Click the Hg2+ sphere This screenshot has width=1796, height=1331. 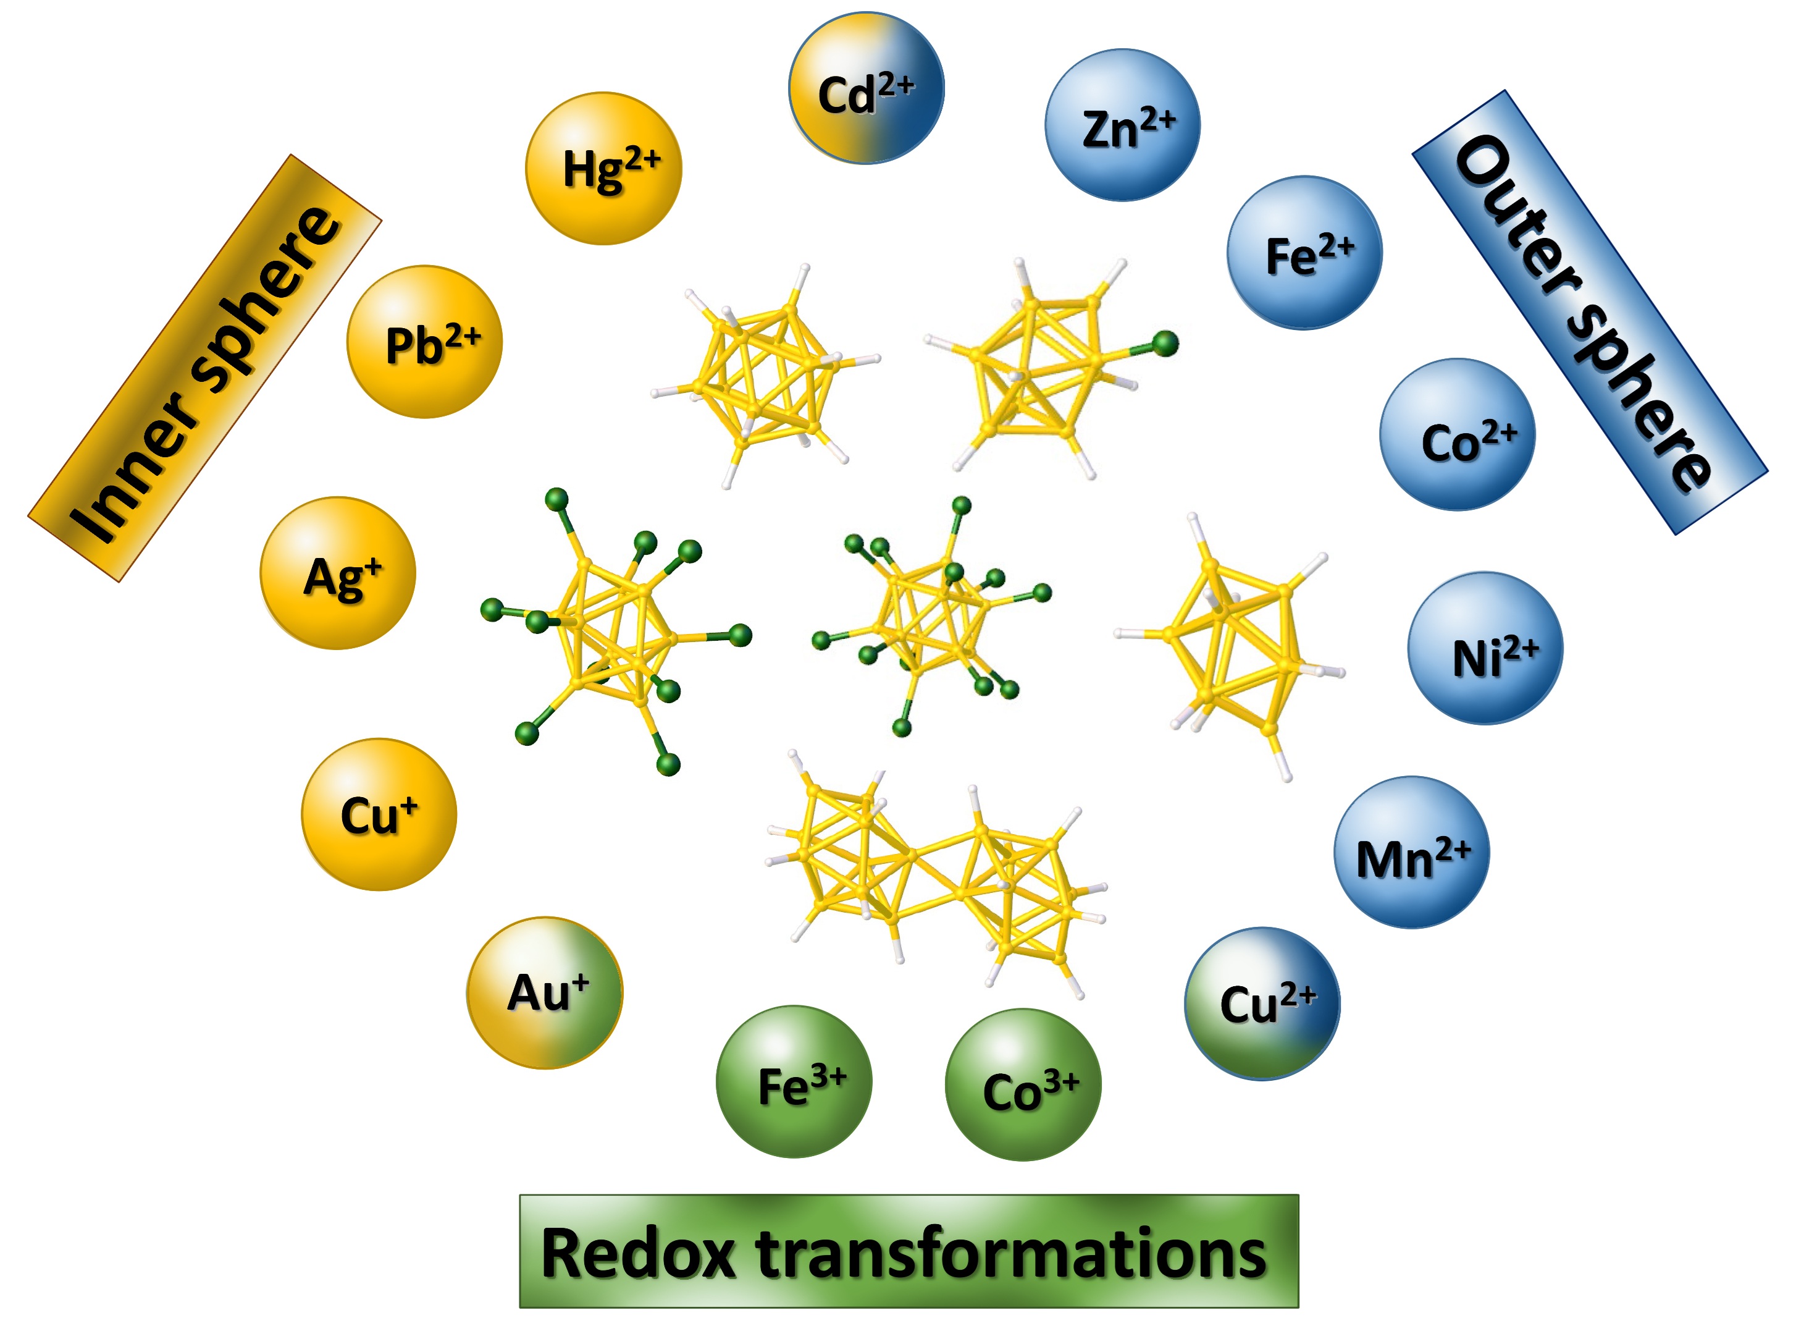(x=603, y=169)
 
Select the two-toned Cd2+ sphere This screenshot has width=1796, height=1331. (x=866, y=88)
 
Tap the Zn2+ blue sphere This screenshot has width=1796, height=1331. (x=1122, y=125)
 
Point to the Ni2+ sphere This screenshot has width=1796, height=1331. (x=1485, y=649)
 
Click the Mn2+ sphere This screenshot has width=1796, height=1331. (x=1411, y=852)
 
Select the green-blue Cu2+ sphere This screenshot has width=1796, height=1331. (x=1262, y=1004)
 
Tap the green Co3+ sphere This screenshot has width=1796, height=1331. (x=1023, y=1085)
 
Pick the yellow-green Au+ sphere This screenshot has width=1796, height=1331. (x=545, y=992)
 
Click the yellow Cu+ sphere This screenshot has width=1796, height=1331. (x=379, y=814)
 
